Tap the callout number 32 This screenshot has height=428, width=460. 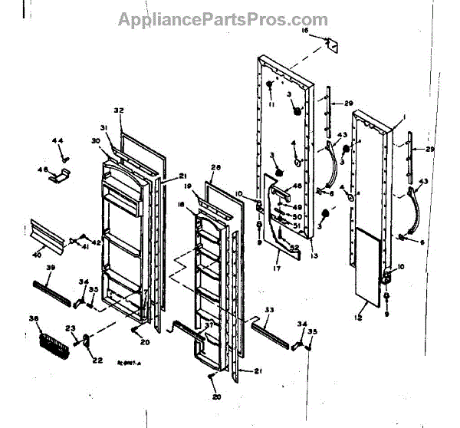tap(118, 110)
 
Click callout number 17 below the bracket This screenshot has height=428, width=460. tap(277, 268)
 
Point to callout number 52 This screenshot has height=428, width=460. tap(294, 247)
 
